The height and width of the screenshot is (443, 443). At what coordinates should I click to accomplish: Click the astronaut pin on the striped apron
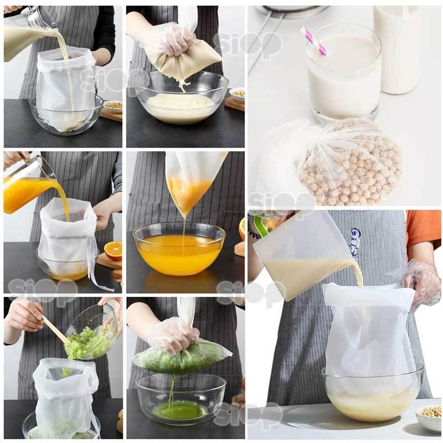(x=355, y=240)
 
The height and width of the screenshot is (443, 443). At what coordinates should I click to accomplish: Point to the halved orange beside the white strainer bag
(x=113, y=250)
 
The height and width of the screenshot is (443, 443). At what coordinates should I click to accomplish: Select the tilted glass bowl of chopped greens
(x=91, y=332)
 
